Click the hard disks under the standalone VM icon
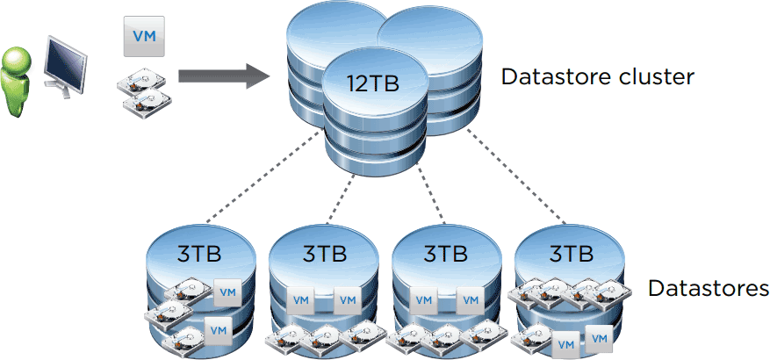point(143,92)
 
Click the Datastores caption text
point(708,288)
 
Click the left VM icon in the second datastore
point(300,299)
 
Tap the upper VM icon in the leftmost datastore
point(227,292)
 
